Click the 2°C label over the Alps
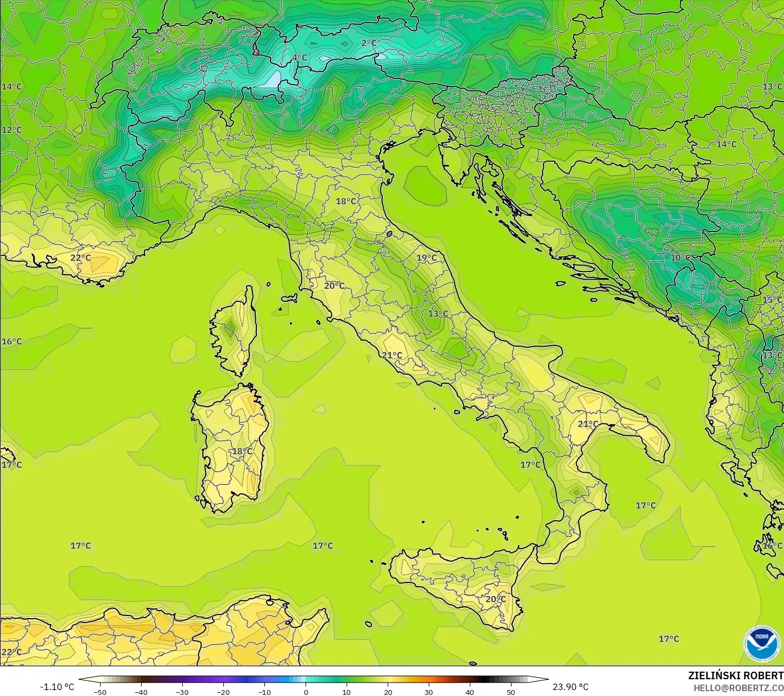tap(369, 43)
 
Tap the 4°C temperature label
tap(300, 58)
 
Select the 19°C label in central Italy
tap(427, 258)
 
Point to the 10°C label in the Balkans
tap(681, 258)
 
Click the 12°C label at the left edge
tap(11, 130)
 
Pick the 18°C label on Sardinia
tap(242, 452)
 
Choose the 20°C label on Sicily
tap(495, 599)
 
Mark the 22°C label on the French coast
tap(81, 258)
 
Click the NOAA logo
tap(762, 644)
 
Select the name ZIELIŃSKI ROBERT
tap(735, 676)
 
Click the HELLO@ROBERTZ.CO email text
tap(739, 688)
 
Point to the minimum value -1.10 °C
tap(57, 687)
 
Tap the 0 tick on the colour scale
tap(305, 692)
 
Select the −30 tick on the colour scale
tap(182, 692)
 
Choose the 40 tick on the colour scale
tap(469, 692)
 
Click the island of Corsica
tap(234, 331)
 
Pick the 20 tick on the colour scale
tap(388, 692)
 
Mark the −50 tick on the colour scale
tap(100, 692)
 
